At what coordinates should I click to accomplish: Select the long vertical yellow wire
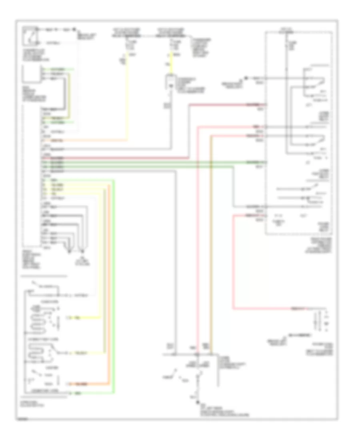click(128, 100)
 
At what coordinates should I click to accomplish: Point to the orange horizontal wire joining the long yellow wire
click(88, 140)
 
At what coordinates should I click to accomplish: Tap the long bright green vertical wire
click(114, 280)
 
